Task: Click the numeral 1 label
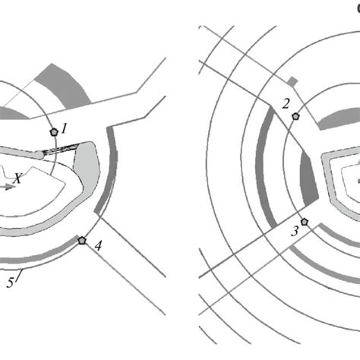point(65,128)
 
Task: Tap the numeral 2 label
point(286,104)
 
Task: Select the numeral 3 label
point(295,231)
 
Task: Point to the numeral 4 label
point(98,245)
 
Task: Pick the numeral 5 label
point(10,283)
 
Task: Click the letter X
point(17,178)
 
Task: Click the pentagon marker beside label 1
point(54,132)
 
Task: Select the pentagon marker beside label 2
point(295,116)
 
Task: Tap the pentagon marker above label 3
point(304,222)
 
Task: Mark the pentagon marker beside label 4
point(82,240)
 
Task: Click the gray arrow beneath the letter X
point(8,187)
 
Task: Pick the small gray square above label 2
point(292,81)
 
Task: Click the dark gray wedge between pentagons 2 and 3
point(309,178)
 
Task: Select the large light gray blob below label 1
point(87,167)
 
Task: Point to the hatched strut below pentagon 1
point(61,150)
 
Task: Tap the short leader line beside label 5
point(20,275)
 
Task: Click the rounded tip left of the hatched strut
point(39,155)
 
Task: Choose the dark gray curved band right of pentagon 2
point(340,115)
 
